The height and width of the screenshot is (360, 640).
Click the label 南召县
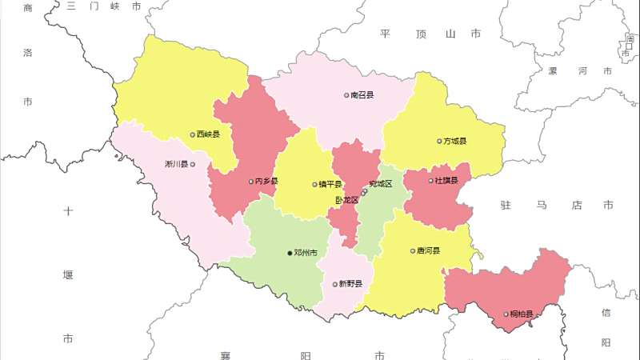[362, 94]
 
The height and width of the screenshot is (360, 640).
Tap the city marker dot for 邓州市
[290, 253]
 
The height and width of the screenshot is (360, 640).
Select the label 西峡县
[209, 134]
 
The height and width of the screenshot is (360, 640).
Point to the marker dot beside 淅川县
[193, 165]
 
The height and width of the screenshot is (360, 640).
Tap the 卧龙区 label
[346, 200]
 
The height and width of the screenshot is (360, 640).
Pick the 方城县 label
[455, 142]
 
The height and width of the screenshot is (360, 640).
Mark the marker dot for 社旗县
[430, 181]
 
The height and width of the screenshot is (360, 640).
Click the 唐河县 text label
[429, 250]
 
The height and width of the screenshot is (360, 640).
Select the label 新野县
[350, 284]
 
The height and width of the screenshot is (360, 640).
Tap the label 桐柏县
[522, 314]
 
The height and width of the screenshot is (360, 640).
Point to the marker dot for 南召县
[346, 95]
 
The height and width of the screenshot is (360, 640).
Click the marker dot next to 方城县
[439, 142]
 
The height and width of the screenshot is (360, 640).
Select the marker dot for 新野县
[335, 284]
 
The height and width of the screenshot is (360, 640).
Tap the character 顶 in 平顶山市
[422, 34]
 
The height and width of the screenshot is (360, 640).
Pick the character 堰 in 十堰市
[68, 274]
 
